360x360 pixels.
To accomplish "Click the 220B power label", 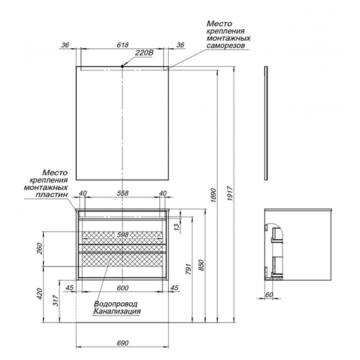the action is click(144, 53).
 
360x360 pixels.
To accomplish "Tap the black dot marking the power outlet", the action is click(123, 67).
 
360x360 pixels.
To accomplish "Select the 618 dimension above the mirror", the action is click(123, 45).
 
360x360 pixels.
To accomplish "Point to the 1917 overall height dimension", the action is click(230, 194).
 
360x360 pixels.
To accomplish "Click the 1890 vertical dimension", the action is click(213, 196).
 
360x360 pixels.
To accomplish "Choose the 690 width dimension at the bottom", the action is click(123, 343).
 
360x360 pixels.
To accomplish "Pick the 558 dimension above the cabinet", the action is click(123, 193).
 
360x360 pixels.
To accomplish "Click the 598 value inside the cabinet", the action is click(123, 235).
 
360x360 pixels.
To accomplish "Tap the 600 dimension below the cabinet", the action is click(123, 288).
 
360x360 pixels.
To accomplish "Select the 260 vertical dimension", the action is click(40, 248).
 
